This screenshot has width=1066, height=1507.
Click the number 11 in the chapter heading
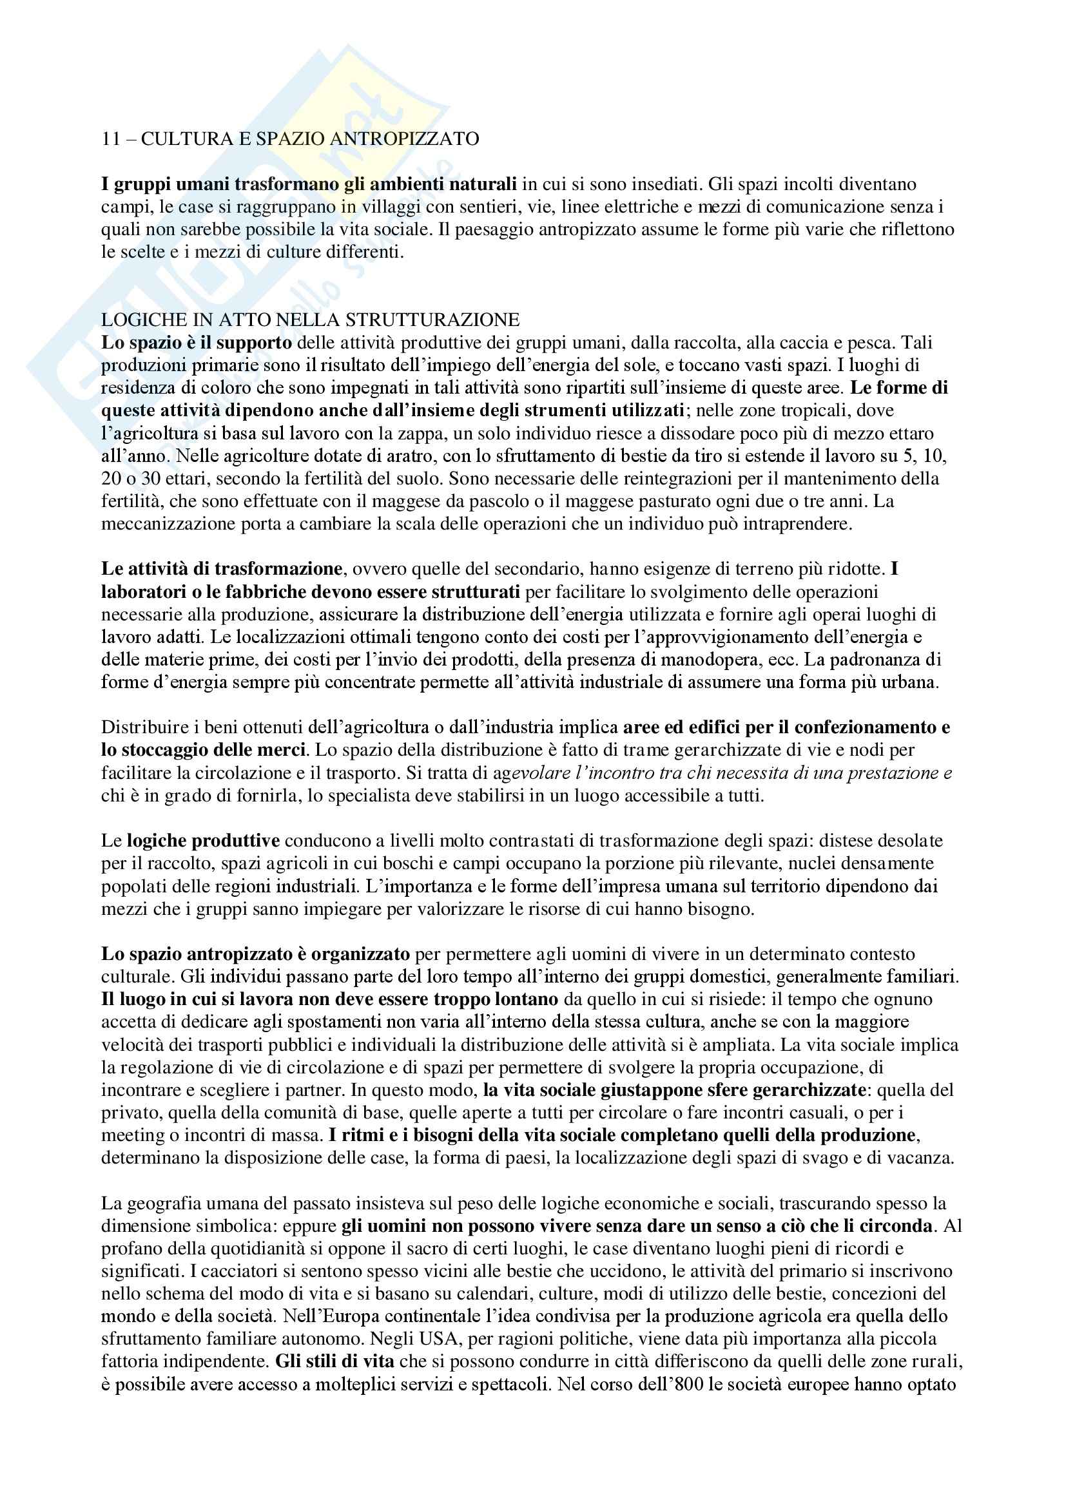pyautogui.click(x=110, y=139)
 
